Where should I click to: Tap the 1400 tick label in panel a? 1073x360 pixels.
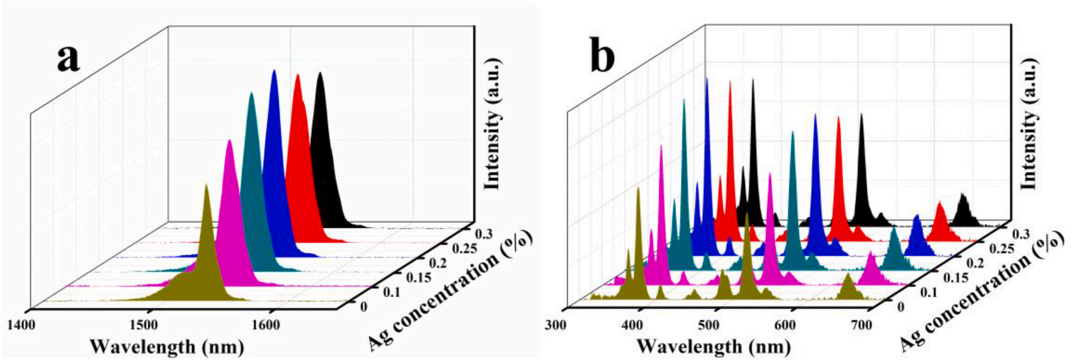(x=21, y=325)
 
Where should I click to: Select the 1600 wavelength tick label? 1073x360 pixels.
(x=266, y=325)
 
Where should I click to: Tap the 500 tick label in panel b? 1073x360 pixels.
(x=708, y=325)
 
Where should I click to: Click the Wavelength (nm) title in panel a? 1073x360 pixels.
(x=167, y=346)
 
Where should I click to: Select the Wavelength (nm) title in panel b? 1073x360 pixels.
(x=713, y=346)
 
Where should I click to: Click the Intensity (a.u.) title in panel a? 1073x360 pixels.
(x=493, y=124)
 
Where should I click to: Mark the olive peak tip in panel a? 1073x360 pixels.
(x=206, y=185)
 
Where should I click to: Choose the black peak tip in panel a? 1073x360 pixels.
(x=319, y=74)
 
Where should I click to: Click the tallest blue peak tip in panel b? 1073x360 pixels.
(x=707, y=79)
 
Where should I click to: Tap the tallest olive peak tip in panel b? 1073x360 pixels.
(x=638, y=188)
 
